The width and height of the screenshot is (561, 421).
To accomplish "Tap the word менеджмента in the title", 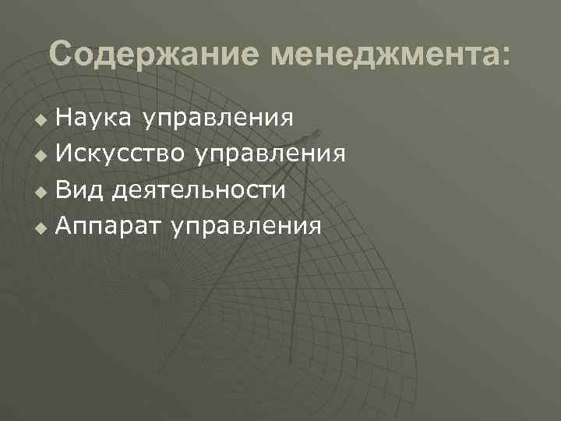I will [384, 55].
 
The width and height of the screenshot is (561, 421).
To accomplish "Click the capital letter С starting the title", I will [61, 55].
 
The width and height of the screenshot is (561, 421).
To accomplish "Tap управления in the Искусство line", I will [271, 154].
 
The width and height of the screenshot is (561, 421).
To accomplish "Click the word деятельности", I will [198, 190].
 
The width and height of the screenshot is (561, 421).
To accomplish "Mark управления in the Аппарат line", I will [247, 227].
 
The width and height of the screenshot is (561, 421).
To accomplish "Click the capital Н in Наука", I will [64, 118].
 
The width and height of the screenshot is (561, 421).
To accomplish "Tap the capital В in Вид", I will [64, 189].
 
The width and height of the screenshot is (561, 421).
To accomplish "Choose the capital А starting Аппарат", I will [65, 226].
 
